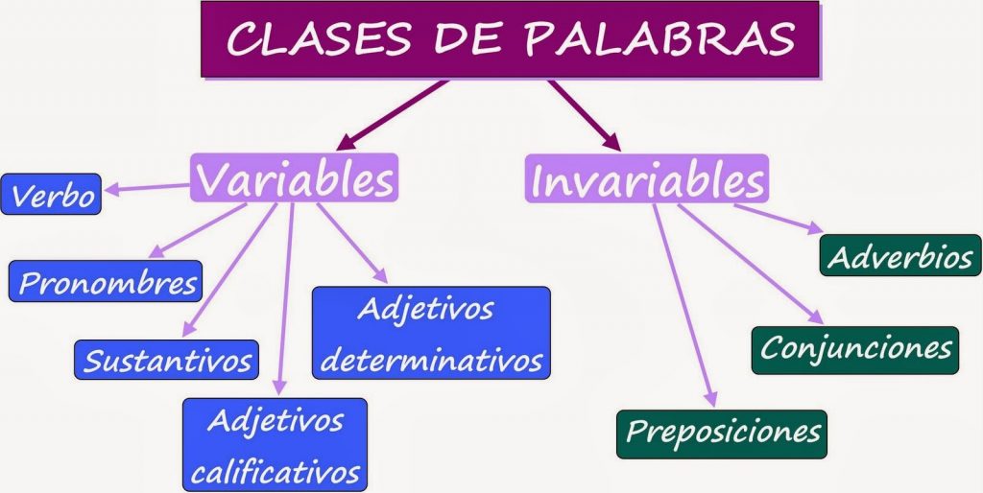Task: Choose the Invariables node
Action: pyautogui.click(x=647, y=179)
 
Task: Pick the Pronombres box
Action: pyautogui.click(x=106, y=282)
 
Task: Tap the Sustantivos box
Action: pyautogui.click(x=166, y=360)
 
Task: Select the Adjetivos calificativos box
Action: pyautogui.click(x=275, y=445)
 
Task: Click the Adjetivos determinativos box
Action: pyautogui.click(x=431, y=335)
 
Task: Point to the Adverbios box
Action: pyautogui.click(x=900, y=256)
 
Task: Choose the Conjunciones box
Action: pyautogui.click(x=854, y=346)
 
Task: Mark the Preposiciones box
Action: pyautogui.click(x=721, y=433)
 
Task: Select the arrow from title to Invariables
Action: pyautogui.click(x=584, y=114)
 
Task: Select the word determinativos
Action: pyautogui.click(x=431, y=361)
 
